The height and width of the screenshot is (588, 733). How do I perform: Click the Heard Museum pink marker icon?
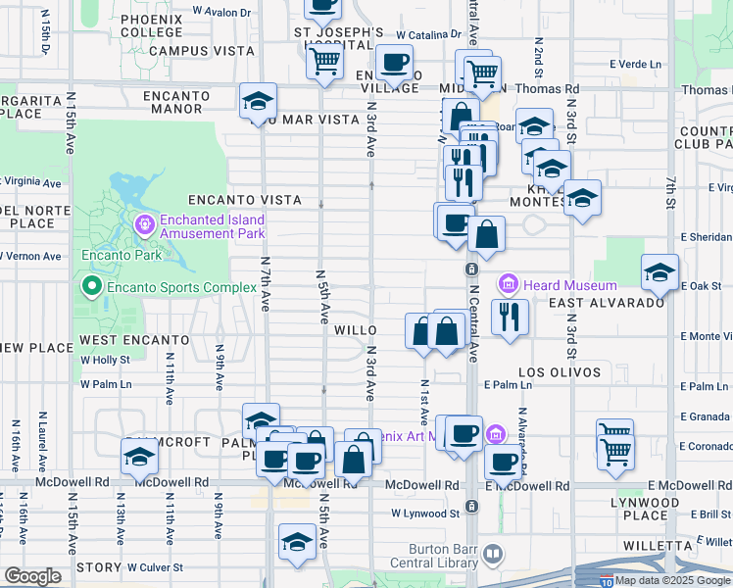(509, 285)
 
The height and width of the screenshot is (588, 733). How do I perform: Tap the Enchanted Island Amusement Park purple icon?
(146, 226)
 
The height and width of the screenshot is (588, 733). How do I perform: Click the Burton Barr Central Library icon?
(493, 556)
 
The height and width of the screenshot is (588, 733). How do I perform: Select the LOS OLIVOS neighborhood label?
(559, 372)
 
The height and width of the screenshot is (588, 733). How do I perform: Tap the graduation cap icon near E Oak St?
(660, 273)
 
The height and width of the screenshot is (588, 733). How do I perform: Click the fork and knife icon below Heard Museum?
(509, 318)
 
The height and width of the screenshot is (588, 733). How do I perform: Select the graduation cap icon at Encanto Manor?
(259, 101)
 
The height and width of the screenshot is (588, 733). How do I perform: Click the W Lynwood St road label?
(425, 513)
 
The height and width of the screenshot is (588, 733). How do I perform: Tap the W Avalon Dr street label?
(221, 12)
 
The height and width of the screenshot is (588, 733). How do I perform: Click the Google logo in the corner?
(32, 576)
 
